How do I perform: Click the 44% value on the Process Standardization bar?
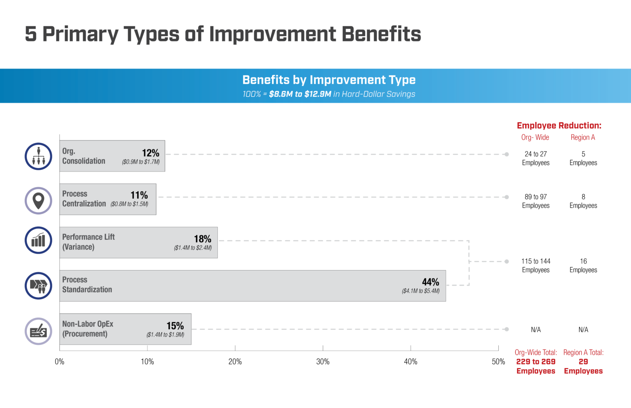[430, 282]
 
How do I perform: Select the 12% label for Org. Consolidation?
[150, 153]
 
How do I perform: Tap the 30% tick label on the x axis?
[322, 362]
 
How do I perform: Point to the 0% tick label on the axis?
[60, 362]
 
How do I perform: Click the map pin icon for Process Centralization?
[38, 201]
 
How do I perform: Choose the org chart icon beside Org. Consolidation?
[38, 156]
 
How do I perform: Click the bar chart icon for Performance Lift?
[38, 240]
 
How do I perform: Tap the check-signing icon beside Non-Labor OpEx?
[38, 331]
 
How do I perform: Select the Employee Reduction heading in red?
[559, 126]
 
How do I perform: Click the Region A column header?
[583, 138]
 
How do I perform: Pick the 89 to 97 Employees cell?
[536, 201]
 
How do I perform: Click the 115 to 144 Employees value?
[536, 266]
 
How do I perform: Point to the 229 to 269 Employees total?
[536, 366]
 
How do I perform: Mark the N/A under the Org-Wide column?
[536, 330]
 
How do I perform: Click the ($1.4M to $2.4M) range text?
[193, 248]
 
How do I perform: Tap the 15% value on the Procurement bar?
[175, 325]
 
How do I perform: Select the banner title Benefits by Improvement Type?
[329, 80]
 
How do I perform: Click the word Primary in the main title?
[80, 34]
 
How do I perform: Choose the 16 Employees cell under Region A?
[583, 266]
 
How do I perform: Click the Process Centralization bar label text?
[84, 199]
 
